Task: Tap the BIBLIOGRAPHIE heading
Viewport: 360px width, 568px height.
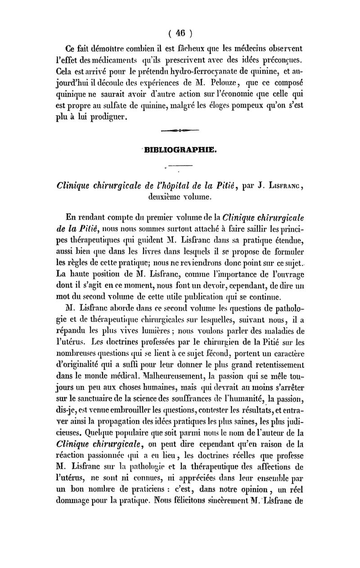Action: [180, 150]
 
